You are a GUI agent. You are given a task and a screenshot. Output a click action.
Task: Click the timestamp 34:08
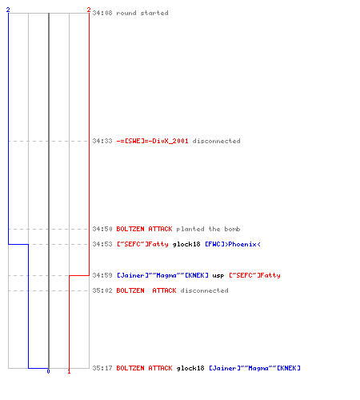pos(102,13)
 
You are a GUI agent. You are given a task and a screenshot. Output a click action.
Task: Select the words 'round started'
pos(142,13)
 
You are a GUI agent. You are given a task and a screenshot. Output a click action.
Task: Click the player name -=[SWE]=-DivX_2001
pos(152,141)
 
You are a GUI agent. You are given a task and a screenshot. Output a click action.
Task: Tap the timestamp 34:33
pos(102,141)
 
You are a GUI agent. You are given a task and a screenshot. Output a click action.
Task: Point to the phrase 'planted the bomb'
pos(208,229)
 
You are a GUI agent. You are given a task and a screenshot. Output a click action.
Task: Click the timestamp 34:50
pos(102,229)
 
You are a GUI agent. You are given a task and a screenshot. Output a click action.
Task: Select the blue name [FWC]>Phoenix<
pos(233,244)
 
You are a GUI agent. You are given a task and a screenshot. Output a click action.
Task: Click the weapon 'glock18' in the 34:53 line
pos(186,244)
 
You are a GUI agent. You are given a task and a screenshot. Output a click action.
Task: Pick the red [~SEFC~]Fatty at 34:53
pos(142,244)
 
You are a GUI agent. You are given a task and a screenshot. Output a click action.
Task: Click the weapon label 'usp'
pos(218,275)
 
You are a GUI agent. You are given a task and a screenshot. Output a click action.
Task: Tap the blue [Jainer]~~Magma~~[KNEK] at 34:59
pos(162,275)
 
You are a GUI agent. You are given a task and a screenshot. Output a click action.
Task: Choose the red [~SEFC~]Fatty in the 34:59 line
pos(254,275)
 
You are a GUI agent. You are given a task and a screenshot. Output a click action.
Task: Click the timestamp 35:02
pos(102,290)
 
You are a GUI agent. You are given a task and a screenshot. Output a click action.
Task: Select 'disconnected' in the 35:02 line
pos(204,290)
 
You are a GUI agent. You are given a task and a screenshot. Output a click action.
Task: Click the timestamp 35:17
pos(102,368)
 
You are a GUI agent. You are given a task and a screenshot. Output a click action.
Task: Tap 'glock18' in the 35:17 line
pos(190,368)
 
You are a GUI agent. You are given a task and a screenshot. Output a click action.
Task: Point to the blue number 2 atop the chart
pos(8,10)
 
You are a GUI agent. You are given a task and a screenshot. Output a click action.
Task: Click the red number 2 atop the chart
pos(89,10)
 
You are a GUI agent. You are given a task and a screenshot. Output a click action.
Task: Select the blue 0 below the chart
pos(48,371)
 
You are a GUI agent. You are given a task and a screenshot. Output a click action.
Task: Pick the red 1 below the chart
pos(69,371)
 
